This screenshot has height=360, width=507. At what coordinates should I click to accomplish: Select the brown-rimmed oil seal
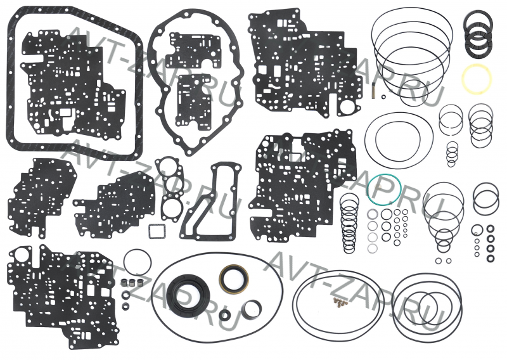[234, 277]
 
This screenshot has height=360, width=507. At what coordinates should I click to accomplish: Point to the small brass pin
[376, 94]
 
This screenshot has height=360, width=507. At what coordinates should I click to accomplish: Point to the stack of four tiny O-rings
[452, 153]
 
